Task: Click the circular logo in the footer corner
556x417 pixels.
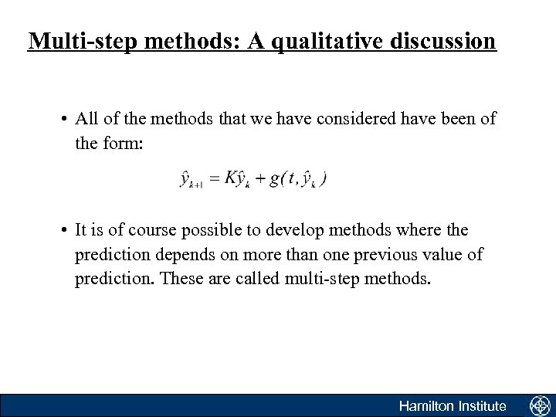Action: point(538,405)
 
